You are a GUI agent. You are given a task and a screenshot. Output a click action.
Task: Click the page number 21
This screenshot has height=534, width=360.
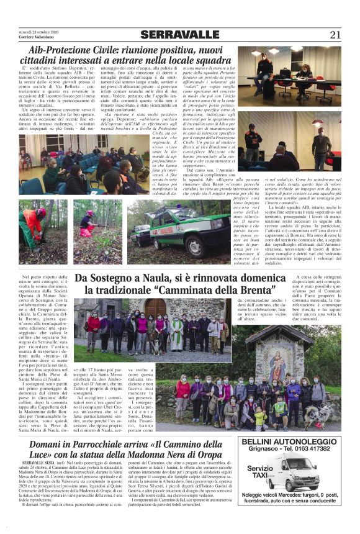tap(335, 35)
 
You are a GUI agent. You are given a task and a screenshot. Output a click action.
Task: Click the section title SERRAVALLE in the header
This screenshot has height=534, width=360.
tap(179, 35)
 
